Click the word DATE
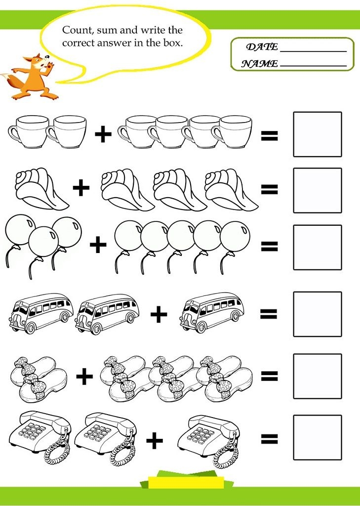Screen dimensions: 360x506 [262, 47]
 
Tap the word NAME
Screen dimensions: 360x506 [260, 64]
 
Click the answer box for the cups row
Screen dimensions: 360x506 [318, 134]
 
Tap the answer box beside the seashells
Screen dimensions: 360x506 [318, 190]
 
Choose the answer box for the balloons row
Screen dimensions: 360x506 [318, 247]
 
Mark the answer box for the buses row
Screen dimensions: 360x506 [318, 314]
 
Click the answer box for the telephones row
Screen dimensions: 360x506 [318, 437]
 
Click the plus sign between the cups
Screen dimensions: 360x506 [103, 133]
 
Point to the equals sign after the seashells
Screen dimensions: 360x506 [269, 189]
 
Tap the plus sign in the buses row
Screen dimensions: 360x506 [159, 314]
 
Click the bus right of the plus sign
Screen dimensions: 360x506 [212, 312]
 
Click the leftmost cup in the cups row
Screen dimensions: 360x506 [29, 132]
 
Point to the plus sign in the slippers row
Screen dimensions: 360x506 [84, 376]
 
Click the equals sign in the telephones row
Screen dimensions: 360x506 [269, 438]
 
